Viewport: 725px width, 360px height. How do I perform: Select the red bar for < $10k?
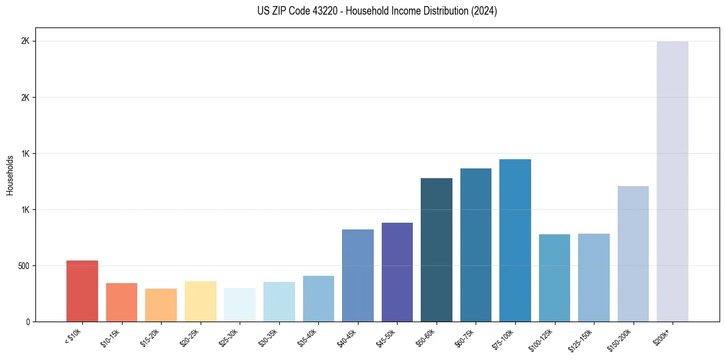[x=82, y=291]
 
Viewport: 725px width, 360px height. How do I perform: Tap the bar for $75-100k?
[x=515, y=240]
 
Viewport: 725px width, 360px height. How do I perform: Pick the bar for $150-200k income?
[x=633, y=254]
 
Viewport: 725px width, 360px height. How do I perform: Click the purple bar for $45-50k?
[x=397, y=272]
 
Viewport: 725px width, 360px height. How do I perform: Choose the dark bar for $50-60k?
[x=437, y=250]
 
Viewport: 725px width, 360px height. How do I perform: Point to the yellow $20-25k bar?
[x=201, y=301]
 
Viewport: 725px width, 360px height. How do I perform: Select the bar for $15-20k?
[x=161, y=305]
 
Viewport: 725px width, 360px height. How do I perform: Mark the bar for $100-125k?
[x=554, y=278]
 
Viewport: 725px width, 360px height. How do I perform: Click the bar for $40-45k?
[x=358, y=275]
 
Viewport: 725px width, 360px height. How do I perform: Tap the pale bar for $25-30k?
[x=240, y=304]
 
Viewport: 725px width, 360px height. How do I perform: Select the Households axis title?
[x=10, y=175]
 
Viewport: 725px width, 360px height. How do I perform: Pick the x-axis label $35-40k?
[x=309, y=337]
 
